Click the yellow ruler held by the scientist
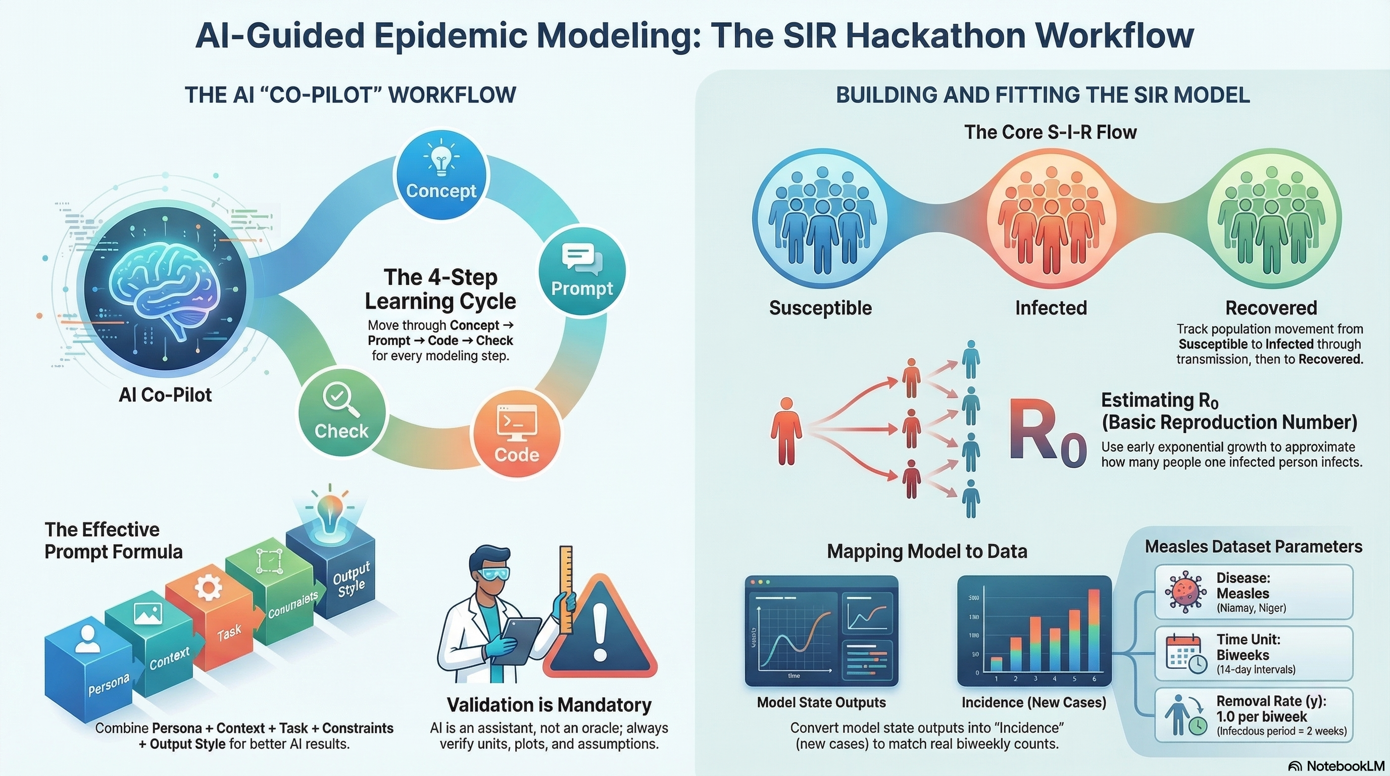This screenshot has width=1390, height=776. click(x=566, y=588)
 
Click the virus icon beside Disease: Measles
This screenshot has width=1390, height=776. click(x=1185, y=593)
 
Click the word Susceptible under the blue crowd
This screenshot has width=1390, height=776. click(x=820, y=308)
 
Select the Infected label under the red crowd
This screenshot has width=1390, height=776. click(x=1051, y=308)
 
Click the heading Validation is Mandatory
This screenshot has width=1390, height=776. click(x=549, y=705)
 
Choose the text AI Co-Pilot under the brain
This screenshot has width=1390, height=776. click(x=165, y=395)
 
